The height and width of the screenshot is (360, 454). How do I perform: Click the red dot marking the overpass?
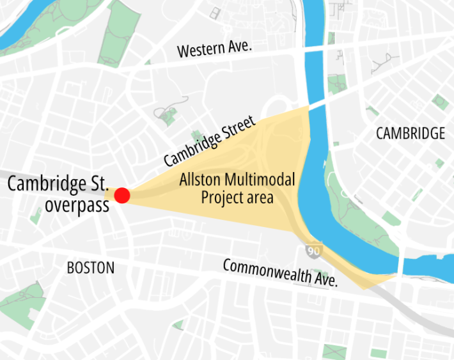pyautogui.click(x=122, y=196)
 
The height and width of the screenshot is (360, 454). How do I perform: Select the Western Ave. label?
pyautogui.click(x=215, y=48)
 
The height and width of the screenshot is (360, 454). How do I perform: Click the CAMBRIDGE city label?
pyautogui.click(x=410, y=134)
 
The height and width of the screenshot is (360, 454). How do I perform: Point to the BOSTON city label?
pyautogui.click(x=91, y=268)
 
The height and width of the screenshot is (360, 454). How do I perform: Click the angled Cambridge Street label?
pyautogui.click(x=209, y=141)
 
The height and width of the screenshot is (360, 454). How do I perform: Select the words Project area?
pyautogui.click(x=237, y=198)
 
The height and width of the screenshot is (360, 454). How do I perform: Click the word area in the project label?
pyautogui.click(x=260, y=198)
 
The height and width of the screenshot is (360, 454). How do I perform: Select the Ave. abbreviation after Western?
pyautogui.click(x=240, y=46)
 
